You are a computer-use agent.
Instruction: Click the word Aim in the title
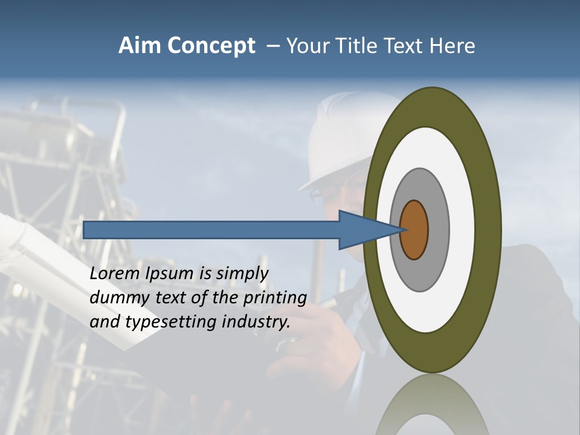(139, 46)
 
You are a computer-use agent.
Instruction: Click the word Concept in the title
(211, 47)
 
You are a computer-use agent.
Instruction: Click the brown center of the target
(414, 230)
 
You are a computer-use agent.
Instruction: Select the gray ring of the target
(438, 230)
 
